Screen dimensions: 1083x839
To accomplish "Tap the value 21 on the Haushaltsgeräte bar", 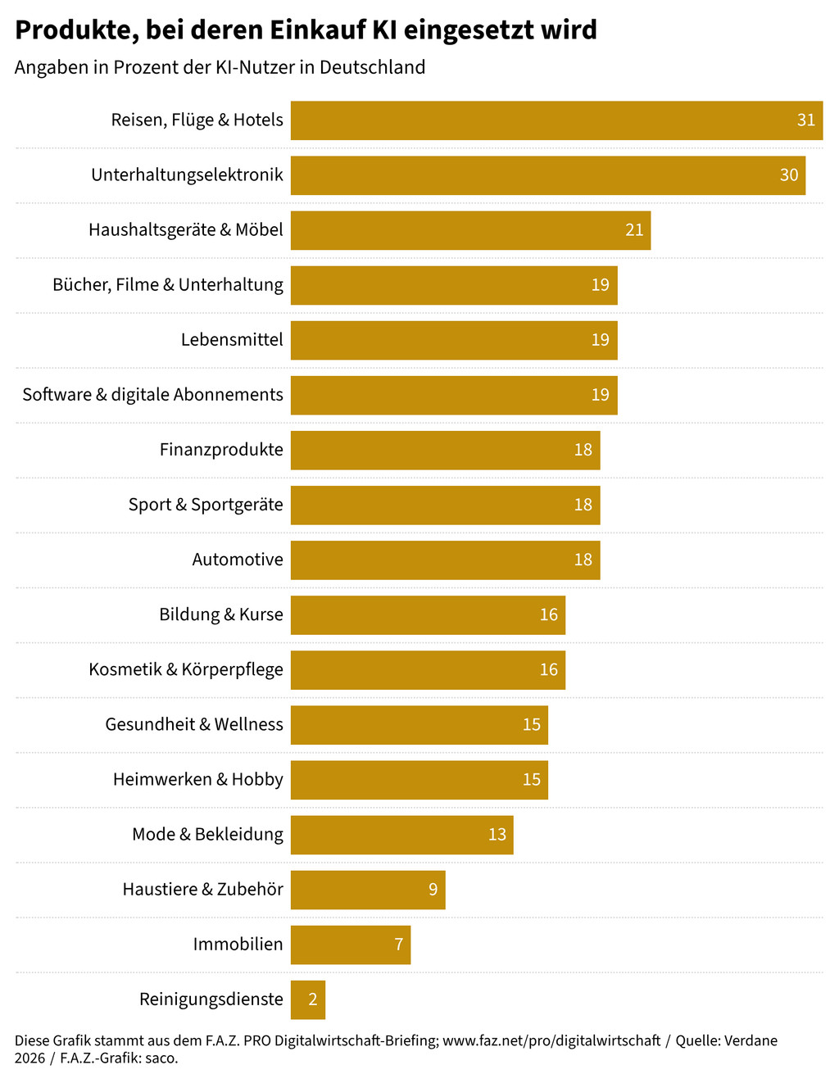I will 634,230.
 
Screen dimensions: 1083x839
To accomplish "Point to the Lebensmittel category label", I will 232,340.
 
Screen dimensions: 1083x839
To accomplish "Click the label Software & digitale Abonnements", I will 152,395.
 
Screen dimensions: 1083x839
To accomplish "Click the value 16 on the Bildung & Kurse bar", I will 548,615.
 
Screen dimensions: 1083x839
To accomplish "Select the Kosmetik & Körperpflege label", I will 186,670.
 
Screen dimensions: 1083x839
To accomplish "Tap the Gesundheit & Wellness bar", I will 419,725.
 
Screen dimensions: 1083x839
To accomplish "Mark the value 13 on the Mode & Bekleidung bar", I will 497,835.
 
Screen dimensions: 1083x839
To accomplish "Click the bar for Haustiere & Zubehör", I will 368,890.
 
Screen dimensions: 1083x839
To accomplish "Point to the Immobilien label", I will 238,945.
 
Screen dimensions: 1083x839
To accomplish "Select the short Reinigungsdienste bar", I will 308,999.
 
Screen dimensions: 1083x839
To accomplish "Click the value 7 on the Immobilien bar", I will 398,945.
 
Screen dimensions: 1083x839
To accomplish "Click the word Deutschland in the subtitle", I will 372,67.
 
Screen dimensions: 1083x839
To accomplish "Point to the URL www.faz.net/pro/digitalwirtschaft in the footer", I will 551,1040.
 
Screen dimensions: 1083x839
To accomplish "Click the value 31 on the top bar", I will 806,120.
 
